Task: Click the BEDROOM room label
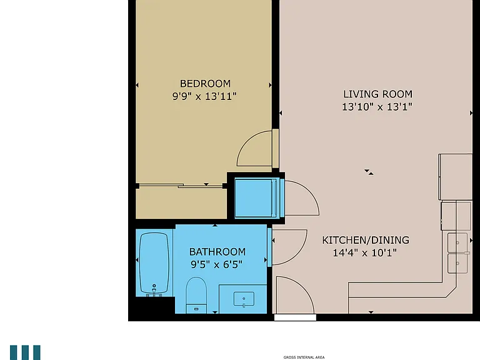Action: (205, 84)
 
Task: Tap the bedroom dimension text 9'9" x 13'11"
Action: (204, 96)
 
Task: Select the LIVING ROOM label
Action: (377, 94)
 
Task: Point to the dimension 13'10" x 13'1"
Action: (377, 107)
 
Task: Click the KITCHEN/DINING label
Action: (366, 240)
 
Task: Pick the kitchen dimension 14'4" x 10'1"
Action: (364, 253)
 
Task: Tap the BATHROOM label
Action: (217, 252)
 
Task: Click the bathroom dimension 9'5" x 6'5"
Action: (216, 264)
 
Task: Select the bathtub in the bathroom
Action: (154, 263)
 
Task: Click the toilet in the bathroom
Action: (196, 295)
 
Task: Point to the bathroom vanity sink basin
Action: (244, 299)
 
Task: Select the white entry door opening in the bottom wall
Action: (295, 317)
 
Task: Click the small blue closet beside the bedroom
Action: (257, 198)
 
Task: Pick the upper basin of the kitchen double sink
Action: (457, 242)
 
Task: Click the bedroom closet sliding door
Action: (181, 185)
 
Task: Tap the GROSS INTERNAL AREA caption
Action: (304, 357)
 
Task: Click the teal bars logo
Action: (25, 352)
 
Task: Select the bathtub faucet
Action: (154, 289)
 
